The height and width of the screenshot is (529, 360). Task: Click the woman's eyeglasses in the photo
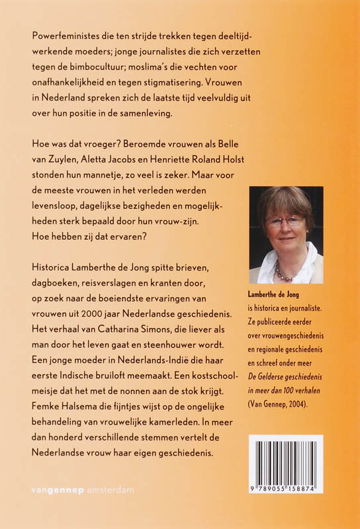click(x=286, y=220)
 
